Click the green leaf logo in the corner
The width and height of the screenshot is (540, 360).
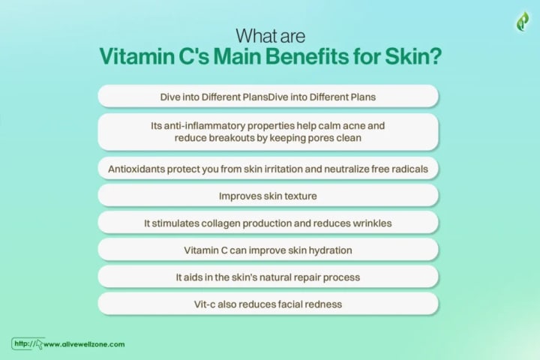[523, 21]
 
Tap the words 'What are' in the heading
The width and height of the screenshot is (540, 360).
[270, 36]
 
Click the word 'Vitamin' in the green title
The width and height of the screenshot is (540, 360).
[136, 55]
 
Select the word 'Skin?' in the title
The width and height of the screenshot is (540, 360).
[413, 55]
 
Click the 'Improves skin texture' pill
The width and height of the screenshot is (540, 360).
[268, 196]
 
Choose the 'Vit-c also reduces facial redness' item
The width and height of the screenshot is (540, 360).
[268, 304]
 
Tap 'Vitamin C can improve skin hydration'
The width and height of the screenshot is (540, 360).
[268, 250]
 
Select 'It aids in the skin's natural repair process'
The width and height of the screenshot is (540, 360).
[268, 277]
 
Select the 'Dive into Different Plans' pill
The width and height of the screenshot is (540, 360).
[268, 97]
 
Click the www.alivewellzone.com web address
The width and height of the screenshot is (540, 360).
[84, 344]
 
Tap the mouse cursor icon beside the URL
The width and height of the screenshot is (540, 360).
[39, 344]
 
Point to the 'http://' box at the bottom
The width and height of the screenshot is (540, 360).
[28, 343]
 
